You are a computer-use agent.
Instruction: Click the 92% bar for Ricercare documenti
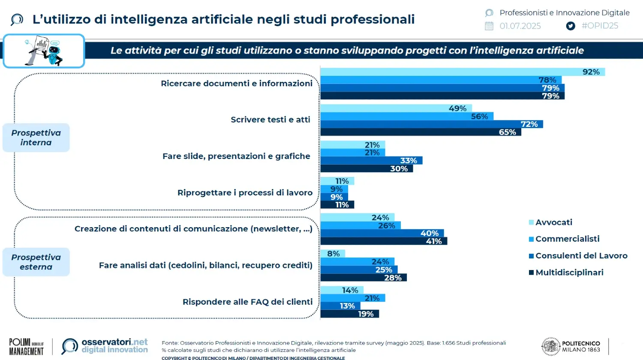462,72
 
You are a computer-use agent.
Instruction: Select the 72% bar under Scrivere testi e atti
431,124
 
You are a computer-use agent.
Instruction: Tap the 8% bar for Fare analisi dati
333,254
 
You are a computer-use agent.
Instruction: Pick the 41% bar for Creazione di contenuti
384,241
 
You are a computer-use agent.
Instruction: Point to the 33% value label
409,161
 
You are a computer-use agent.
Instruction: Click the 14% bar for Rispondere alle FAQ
342,291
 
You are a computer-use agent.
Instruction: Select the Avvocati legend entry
553,222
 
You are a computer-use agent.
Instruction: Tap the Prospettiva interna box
36,138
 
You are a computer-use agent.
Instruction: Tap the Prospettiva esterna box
36,262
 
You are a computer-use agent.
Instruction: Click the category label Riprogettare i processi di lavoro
245,193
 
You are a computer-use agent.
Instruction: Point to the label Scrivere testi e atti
270,120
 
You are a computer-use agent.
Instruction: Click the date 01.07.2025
520,26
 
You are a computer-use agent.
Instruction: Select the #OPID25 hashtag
599,26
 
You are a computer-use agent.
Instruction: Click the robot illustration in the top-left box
44,51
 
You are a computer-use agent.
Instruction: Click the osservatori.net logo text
114,342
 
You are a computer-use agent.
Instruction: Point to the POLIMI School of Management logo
26,347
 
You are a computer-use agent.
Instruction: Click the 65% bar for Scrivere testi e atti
420,132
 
